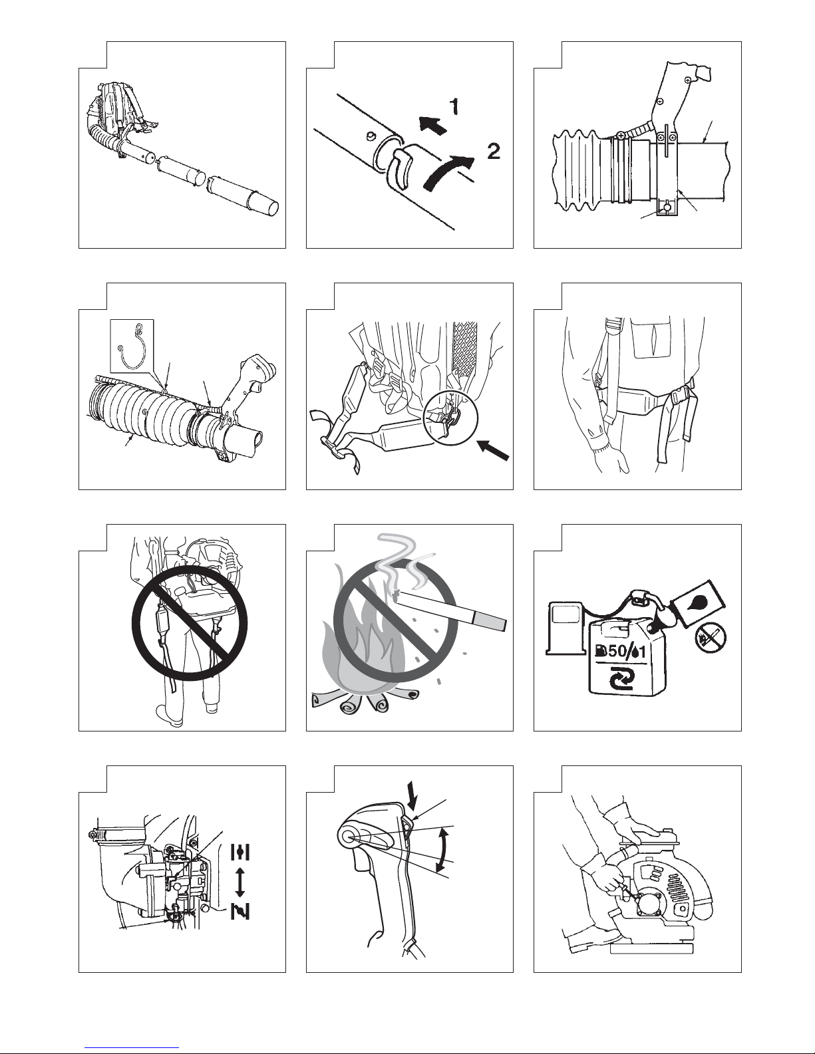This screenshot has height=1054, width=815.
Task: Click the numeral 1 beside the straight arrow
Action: coord(455,106)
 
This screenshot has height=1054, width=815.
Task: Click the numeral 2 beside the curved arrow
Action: coord(494,152)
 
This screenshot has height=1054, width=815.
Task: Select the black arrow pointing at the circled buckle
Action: coord(494,449)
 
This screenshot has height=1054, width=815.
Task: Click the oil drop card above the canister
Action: coord(699,603)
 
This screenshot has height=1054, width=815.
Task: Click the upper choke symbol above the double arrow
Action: coord(241,853)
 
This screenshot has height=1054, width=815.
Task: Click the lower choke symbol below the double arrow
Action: coord(241,910)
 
